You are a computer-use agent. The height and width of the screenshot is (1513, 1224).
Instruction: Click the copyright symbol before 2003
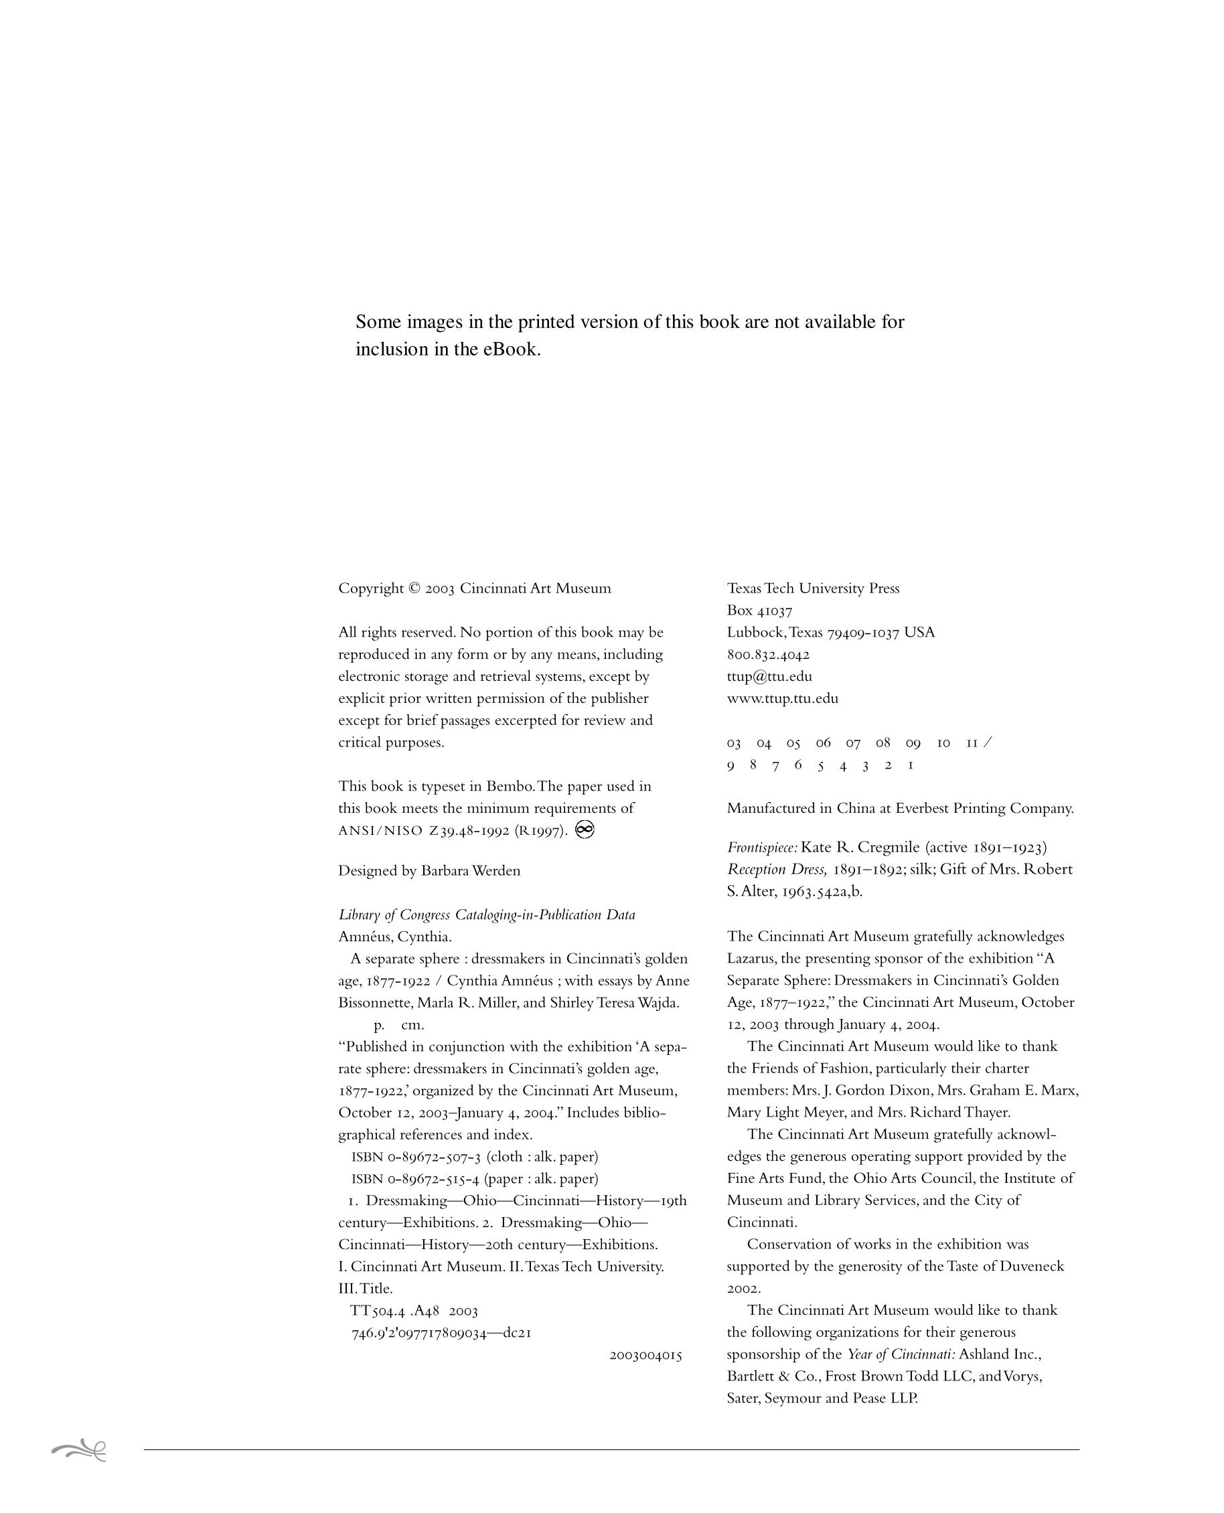414,588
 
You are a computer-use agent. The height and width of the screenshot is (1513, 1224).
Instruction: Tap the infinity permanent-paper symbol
585,830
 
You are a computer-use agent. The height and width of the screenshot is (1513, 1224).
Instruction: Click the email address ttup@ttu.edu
769,677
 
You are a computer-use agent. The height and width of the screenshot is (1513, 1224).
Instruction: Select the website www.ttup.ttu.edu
783,699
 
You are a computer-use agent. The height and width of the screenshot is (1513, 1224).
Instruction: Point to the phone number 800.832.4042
768,655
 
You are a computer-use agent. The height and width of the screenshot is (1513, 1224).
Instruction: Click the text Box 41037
759,611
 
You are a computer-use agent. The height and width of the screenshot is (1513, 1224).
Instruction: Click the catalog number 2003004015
645,1355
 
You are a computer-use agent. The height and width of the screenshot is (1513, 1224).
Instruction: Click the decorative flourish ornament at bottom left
79,1450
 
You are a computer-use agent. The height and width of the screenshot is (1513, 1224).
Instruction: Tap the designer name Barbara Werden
470,871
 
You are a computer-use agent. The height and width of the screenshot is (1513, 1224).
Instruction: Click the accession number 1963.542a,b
821,891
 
